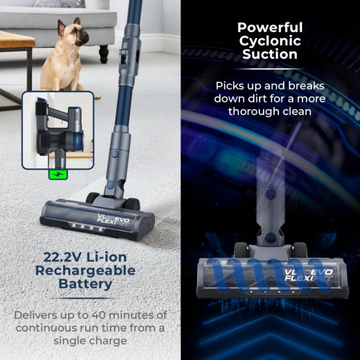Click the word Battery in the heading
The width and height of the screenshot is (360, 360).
tap(89, 284)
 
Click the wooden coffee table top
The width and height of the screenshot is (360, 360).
tap(15, 41)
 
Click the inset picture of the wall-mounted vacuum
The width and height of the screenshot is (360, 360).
tap(58, 129)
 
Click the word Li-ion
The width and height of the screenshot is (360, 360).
tap(115, 257)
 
